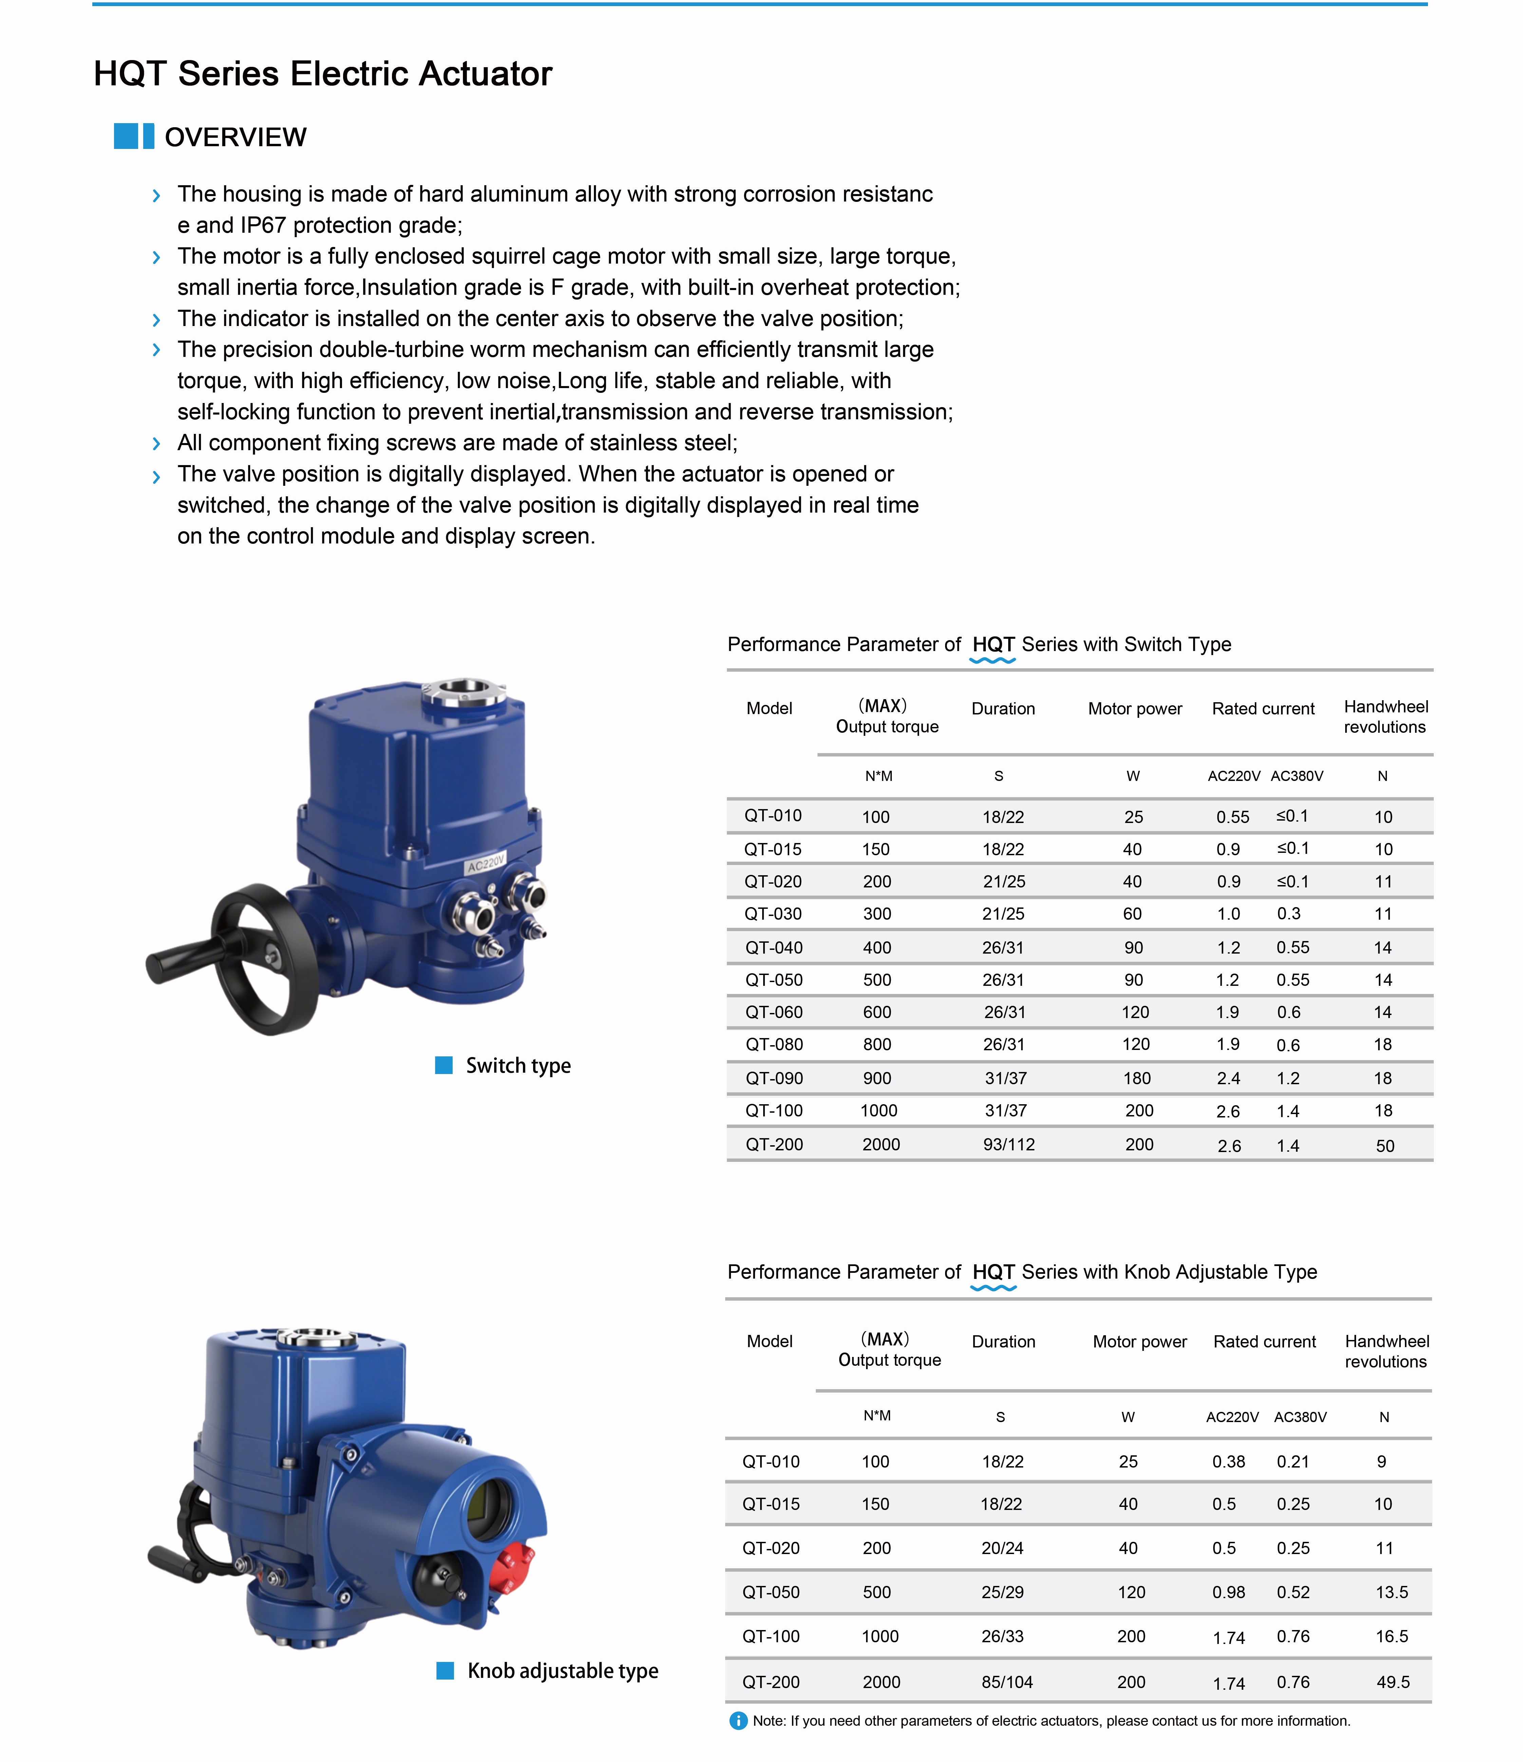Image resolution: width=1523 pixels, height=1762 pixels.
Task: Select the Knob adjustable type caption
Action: click(562, 1671)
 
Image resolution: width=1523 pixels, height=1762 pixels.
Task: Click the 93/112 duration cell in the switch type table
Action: click(1009, 1145)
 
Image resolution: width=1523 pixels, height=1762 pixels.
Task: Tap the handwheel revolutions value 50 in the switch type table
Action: click(1385, 1146)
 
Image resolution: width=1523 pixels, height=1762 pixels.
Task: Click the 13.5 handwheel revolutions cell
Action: click(1392, 1592)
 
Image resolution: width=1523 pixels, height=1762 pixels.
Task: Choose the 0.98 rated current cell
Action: click(1228, 1592)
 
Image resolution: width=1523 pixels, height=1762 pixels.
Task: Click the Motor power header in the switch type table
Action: click(1135, 708)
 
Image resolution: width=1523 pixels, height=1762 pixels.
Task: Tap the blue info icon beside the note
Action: click(738, 1721)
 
